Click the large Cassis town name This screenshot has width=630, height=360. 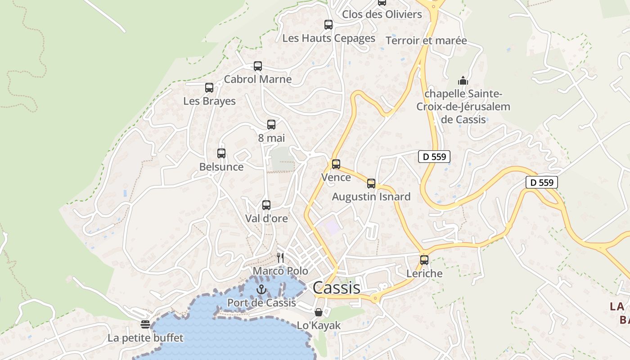coord(336,288)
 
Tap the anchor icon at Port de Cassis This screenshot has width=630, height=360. coord(261,289)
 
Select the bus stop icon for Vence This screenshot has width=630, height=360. coord(336,164)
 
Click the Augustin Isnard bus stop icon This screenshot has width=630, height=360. coord(371,184)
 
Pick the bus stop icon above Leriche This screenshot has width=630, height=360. coord(424,260)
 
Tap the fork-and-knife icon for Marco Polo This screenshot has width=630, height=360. coord(280,257)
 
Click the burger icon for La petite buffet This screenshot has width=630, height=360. coord(145,324)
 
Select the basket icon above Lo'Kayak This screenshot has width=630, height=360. coord(319,312)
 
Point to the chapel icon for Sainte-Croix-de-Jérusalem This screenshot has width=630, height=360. coord(463,81)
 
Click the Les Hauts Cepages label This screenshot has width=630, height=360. coord(328,38)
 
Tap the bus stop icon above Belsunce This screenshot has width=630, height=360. coord(221,153)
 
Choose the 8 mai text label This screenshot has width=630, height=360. coord(271,138)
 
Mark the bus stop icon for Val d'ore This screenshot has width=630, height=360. coord(266,205)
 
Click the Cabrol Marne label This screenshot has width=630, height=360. coord(258,79)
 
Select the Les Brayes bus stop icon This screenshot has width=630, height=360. coord(209,88)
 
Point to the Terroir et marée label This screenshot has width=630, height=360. coord(426,40)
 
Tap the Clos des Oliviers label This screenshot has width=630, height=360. coord(382,14)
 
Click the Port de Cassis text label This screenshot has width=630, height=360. coord(261,303)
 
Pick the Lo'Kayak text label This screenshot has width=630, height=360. coord(319,325)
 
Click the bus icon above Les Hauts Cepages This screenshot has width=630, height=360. coord(328,25)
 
